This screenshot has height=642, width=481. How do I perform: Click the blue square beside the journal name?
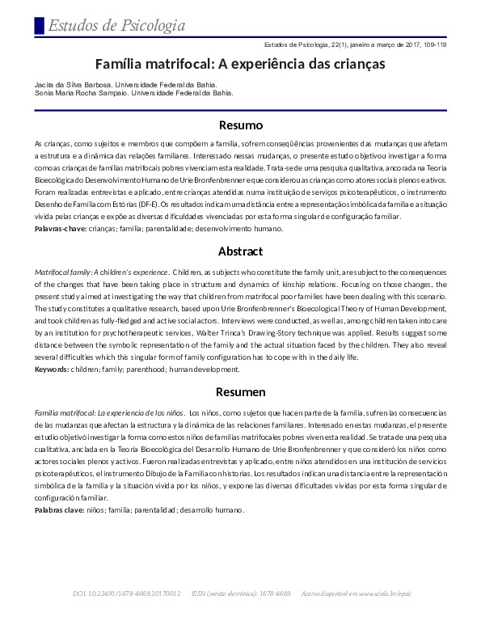[x=39, y=25]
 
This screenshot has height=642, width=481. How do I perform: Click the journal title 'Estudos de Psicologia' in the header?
[x=116, y=26]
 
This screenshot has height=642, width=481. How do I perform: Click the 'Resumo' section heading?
[x=241, y=125]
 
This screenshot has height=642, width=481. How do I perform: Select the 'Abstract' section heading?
[x=241, y=251]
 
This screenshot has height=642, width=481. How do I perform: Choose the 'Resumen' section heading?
[x=241, y=391]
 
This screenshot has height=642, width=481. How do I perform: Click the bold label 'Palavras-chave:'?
[x=61, y=229]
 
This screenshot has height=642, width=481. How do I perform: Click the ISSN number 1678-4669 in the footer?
[x=273, y=594]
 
